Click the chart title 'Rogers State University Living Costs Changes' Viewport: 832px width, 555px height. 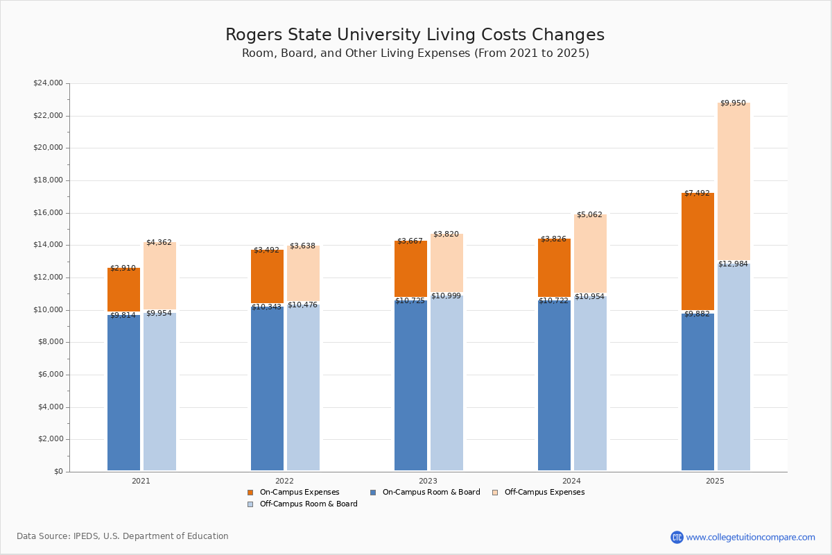point(415,35)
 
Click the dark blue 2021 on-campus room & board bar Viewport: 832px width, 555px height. point(123,393)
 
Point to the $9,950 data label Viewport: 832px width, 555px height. point(733,103)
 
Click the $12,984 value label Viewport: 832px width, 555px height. point(733,264)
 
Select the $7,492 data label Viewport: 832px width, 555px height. point(697,194)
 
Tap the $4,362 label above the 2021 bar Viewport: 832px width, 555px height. point(159,243)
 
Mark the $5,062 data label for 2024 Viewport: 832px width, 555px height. point(589,215)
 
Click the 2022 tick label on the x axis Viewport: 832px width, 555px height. point(284,481)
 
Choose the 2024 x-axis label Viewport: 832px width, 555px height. point(571,481)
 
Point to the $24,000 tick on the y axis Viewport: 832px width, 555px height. point(48,83)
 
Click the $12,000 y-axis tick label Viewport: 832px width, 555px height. point(48,277)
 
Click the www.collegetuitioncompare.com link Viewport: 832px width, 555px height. point(750,537)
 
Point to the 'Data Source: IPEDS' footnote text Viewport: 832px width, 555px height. point(123,536)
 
